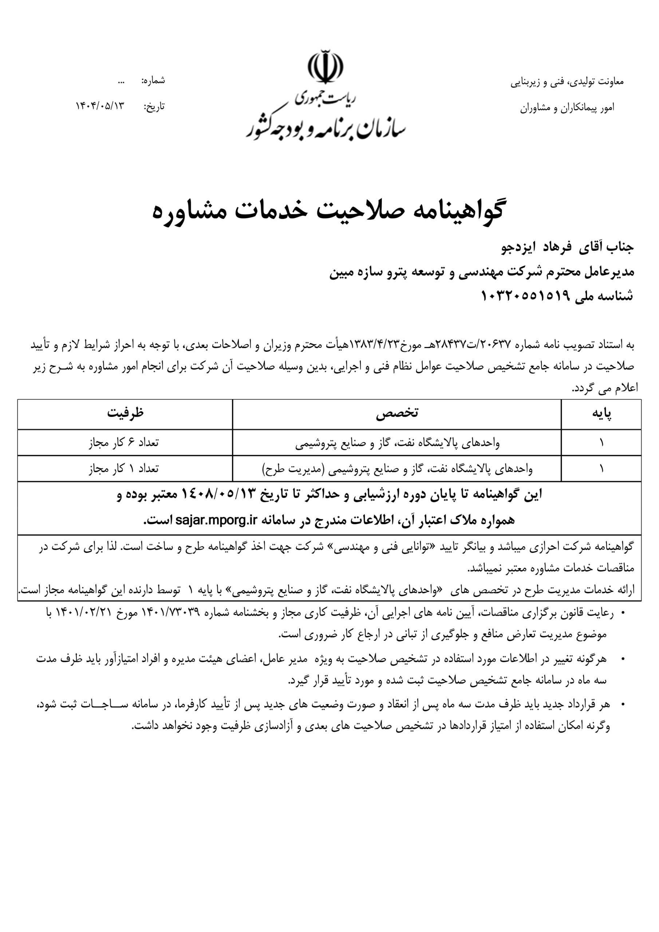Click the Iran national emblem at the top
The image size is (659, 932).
(325, 67)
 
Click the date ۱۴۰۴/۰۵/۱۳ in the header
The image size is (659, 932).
(99, 106)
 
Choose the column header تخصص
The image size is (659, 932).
(397, 413)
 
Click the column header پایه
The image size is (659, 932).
(601, 413)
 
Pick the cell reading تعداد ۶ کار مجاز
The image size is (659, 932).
(124, 442)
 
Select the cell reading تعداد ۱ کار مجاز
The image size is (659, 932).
(124, 469)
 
